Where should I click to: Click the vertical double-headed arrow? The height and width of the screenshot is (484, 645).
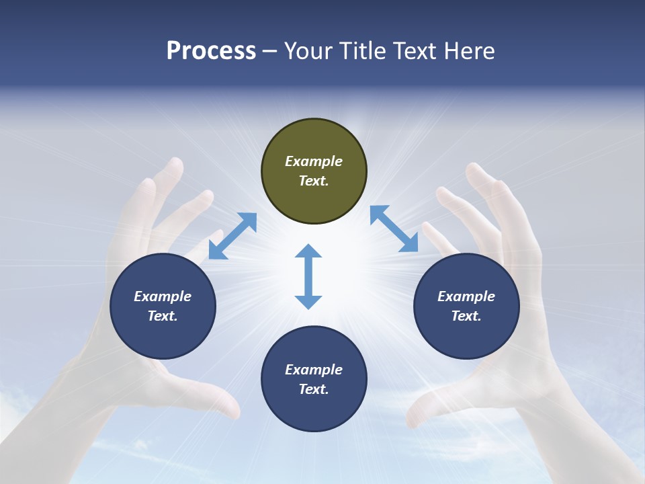[x=308, y=276]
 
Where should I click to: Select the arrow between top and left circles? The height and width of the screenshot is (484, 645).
[x=232, y=236]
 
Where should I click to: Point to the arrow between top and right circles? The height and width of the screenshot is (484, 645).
[x=394, y=229]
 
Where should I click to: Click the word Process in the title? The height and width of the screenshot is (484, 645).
[x=211, y=50]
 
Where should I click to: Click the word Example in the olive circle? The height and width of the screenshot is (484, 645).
[x=314, y=161]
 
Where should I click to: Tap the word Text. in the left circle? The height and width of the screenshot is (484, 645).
[x=163, y=316]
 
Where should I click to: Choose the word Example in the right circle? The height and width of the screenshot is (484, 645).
[x=466, y=296]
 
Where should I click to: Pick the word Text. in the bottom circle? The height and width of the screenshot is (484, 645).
[x=314, y=389]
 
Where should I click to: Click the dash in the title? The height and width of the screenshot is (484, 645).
[x=270, y=51]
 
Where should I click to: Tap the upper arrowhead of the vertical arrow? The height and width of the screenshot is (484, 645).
[x=308, y=253]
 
